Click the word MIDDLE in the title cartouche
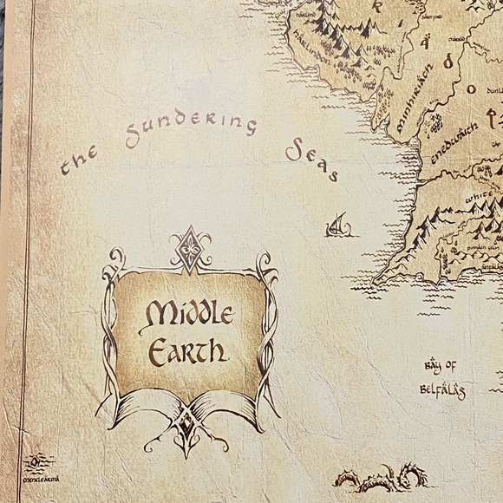click(187, 313)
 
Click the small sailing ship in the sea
click(335, 227)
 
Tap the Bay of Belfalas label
click(443, 376)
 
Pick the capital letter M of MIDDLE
click(157, 313)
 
